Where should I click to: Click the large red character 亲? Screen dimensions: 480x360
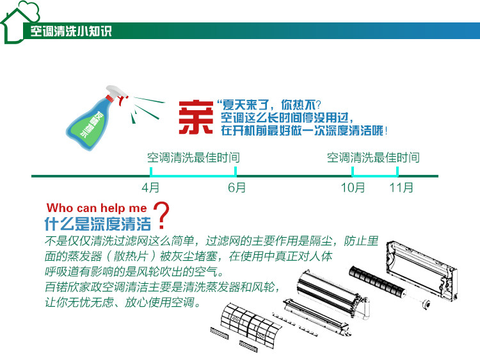[195, 117]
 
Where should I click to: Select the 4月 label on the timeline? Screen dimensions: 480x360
[150, 188]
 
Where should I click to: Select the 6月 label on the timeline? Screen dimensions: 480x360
[236, 188]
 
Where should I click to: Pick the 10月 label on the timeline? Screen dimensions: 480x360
[353, 188]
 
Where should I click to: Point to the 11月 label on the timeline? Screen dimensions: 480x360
[401, 188]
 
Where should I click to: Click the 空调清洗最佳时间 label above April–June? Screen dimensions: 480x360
[193, 158]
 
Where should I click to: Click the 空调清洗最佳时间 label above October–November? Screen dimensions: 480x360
[373, 158]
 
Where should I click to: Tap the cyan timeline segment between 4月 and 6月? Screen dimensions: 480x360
[193, 176]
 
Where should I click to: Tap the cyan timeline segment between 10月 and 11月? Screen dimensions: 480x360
[375, 176]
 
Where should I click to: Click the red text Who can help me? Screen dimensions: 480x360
[97, 208]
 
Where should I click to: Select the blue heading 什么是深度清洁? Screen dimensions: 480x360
[97, 224]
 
